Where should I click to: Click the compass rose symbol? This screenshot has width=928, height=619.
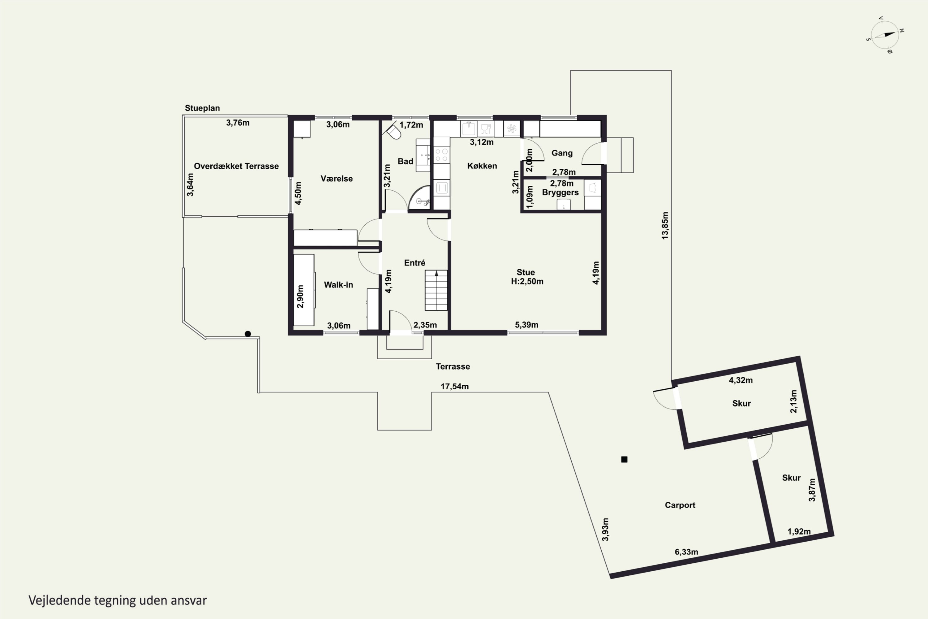885,35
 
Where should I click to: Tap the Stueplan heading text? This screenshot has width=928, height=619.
202,108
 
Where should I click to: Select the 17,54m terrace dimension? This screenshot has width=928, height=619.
454,387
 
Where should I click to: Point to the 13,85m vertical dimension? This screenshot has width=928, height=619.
665,225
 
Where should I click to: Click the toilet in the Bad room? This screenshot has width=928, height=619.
393,131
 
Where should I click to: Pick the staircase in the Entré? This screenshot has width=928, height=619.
436,290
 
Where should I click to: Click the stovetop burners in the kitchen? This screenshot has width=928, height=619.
441,155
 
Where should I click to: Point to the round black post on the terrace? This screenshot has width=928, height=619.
248,334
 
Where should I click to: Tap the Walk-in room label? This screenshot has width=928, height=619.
338,285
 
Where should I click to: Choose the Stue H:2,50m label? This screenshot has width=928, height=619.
527,277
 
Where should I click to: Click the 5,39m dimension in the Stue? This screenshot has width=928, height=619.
526,325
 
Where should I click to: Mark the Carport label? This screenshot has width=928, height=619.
680,505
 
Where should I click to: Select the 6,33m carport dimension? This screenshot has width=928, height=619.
686,552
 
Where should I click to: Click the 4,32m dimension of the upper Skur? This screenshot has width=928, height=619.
741,380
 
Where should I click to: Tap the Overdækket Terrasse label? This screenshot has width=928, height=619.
236,166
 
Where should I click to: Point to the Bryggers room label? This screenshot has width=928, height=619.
560,193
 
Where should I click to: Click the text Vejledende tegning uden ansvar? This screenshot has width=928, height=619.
118,600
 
